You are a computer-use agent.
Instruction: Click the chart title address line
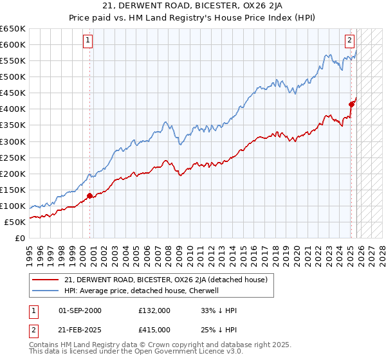(192, 6)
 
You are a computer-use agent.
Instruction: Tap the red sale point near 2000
(90, 195)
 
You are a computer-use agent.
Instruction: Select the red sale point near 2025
(351, 104)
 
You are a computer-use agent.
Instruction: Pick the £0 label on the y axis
(19, 238)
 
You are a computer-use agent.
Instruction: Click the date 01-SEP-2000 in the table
(80, 310)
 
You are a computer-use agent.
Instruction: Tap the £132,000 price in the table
(154, 310)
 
